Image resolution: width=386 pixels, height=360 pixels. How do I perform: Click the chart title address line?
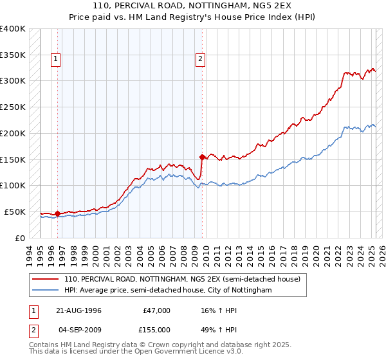click(193, 6)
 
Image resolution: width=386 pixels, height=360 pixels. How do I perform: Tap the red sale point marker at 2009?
click(202, 156)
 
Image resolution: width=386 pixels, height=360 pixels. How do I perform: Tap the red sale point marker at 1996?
click(57, 213)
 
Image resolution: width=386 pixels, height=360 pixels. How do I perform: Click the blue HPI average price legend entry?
click(168, 291)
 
